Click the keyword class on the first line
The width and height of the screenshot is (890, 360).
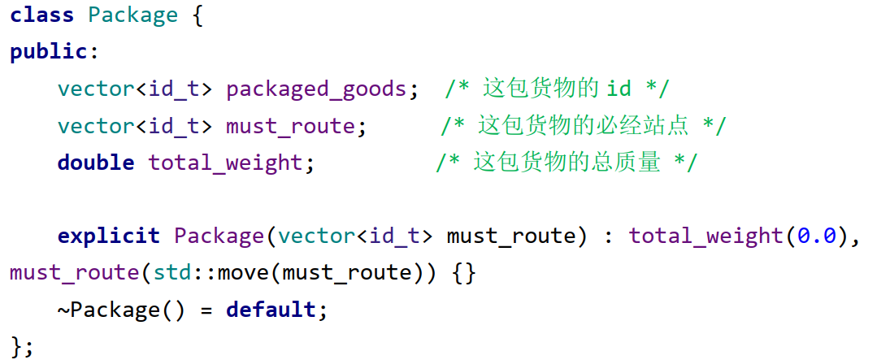click(41, 15)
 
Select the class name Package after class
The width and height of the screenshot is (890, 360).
click(132, 15)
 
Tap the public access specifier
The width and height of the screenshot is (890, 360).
click(48, 52)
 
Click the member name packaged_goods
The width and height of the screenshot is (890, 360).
click(316, 89)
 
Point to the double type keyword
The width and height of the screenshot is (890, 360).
click(95, 163)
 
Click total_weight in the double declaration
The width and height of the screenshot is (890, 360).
click(225, 163)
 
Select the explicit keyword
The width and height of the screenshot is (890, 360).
click(108, 236)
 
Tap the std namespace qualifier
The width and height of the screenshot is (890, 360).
click(171, 272)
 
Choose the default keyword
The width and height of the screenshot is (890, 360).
click(271, 310)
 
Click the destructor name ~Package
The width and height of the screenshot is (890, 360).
click(102, 310)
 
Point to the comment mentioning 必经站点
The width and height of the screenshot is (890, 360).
click(584, 126)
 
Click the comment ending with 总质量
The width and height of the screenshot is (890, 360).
click(567, 163)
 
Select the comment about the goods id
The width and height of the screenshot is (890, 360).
click(557, 89)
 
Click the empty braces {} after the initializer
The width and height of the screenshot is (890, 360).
click(463, 272)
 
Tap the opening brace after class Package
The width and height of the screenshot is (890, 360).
click(197, 15)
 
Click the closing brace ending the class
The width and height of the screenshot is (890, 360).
click(16, 346)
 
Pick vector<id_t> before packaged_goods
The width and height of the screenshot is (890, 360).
click(135, 89)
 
